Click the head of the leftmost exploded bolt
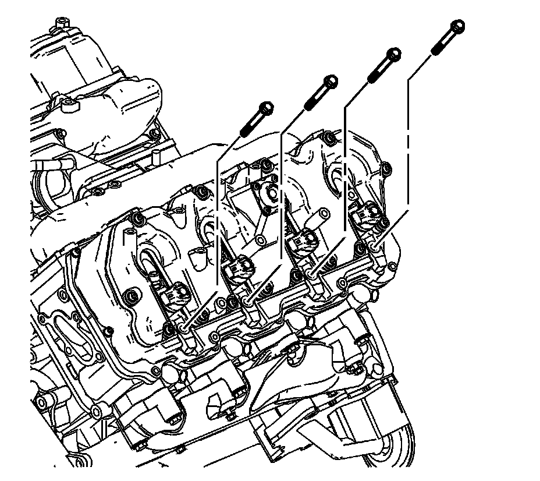point(265,108)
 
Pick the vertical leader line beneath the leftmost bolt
point(216,221)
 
